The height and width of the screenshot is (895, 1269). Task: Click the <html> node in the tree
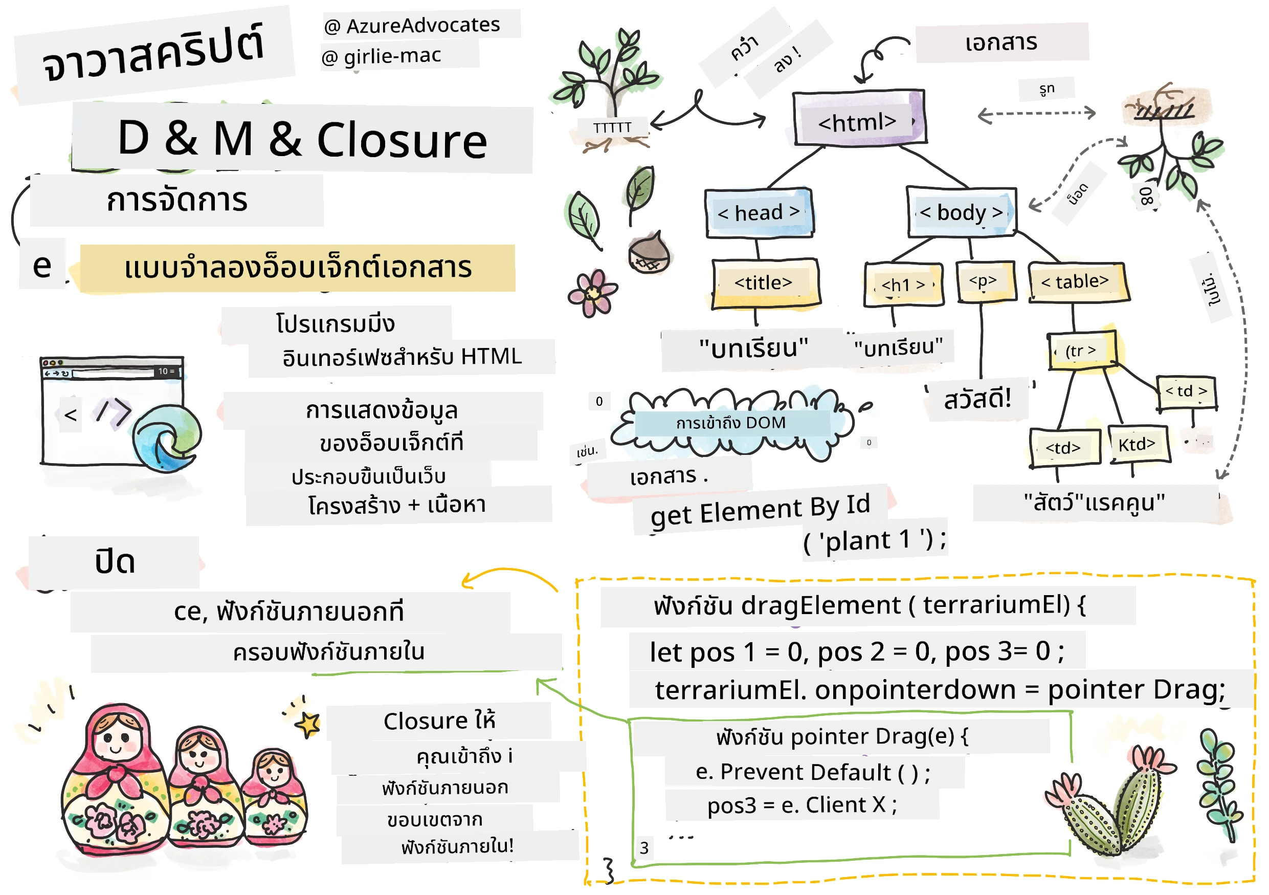(859, 118)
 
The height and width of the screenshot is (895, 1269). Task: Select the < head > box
(760, 213)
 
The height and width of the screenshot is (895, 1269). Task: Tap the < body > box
(962, 212)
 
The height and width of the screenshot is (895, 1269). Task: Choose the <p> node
(986, 282)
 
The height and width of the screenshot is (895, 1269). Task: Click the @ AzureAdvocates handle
(412, 26)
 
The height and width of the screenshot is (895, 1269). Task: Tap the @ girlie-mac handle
(382, 56)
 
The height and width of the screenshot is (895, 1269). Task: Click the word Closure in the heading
(402, 140)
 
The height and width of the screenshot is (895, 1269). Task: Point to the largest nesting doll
(115, 780)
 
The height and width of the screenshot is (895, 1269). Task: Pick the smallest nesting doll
(274, 798)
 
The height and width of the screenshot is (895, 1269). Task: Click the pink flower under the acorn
(592, 293)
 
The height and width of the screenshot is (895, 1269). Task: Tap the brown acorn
(649, 254)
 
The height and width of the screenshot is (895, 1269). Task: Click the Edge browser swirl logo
(166, 438)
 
